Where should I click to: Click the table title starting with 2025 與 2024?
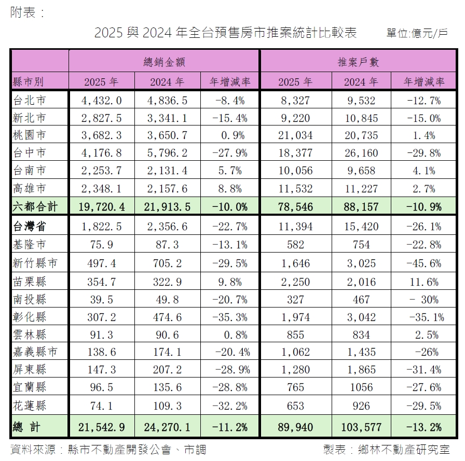226,33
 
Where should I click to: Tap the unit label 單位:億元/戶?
417,34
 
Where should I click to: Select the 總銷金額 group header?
164,62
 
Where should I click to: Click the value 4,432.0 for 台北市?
101,101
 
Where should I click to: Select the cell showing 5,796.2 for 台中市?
167,153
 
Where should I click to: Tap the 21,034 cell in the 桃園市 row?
295,135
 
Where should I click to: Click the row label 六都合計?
35,206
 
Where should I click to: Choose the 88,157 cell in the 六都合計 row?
361,206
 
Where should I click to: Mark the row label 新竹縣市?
35,263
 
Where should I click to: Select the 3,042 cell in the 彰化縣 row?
361,317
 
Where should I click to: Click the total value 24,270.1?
167,427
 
